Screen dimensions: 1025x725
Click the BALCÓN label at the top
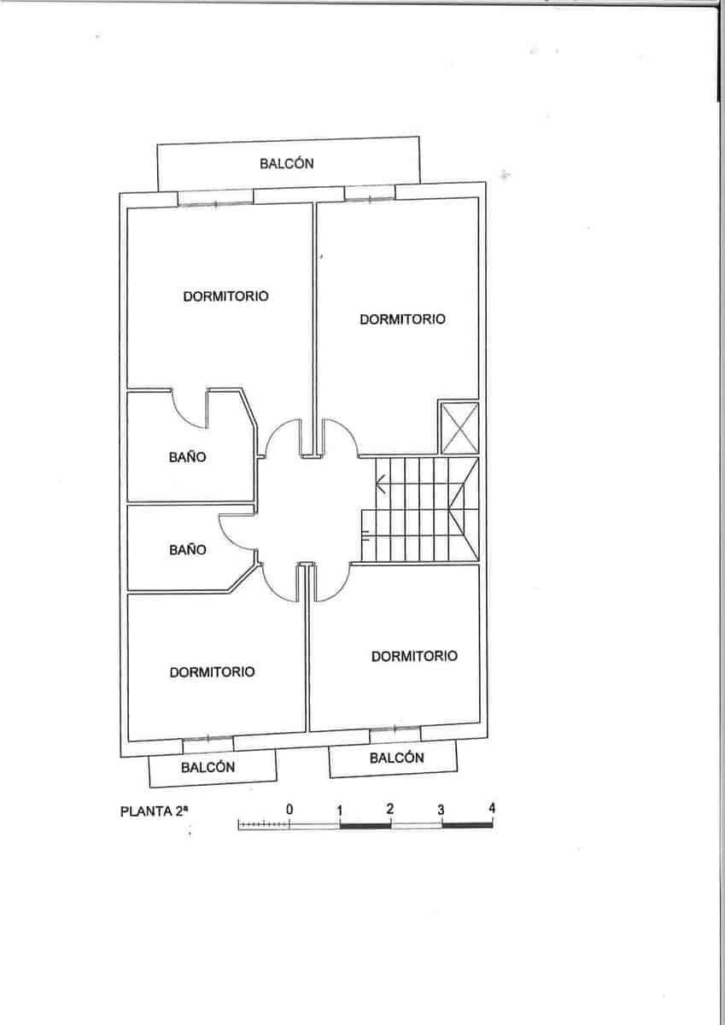(x=287, y=164)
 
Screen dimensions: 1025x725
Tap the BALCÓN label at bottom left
(x=208, y=767)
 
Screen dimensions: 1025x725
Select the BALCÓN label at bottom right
(x=396, y=758)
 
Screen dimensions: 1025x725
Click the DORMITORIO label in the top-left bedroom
(x=225, y=296)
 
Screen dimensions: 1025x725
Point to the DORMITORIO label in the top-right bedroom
(x=402, y=319)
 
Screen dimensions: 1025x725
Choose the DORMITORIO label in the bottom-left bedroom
(x=212, y=672)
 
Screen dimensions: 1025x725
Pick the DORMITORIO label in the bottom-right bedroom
(x=414, y=656)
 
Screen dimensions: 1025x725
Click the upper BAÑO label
(x=187, y=457)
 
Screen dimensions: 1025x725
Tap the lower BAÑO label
(x=187, y=550)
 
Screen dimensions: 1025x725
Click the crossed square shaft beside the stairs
(x=459, y=427)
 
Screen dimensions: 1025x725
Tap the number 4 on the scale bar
(x=492, y=808)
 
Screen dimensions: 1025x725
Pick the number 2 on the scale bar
(x=390, y=808)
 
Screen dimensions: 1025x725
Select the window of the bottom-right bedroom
(x=395, y=731)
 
